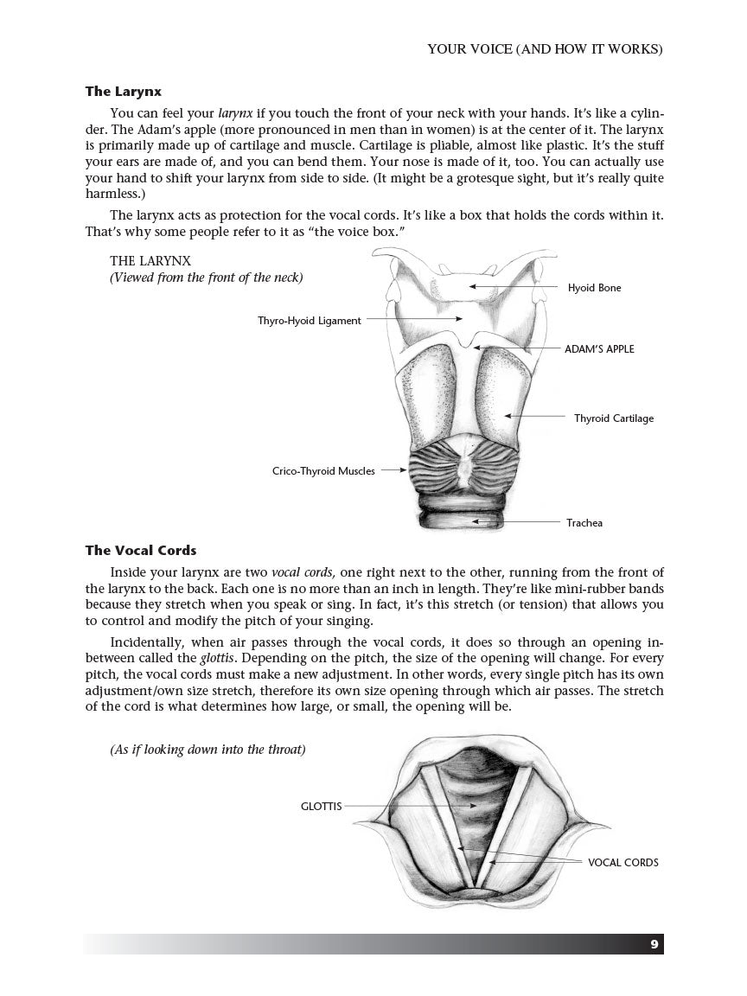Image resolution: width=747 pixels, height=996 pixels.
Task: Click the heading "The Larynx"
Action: pos(123,91)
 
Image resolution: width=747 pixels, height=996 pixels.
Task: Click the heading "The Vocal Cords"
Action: pos(140,550)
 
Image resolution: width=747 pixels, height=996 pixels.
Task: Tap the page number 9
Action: pos(654,944)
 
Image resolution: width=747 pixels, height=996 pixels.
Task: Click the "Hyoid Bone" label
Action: pos(594,288)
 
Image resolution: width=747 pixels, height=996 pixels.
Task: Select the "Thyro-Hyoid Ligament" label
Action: pos(309,320)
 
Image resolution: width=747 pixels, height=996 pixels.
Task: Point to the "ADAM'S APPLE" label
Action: pos(599,349)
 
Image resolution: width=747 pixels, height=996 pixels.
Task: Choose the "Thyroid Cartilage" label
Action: pos(614,418)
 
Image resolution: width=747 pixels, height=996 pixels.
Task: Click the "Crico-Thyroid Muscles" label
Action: pos(323,471)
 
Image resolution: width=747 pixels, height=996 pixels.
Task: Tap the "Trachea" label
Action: pos(584,522)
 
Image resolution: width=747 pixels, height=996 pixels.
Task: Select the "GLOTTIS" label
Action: pos(321,806)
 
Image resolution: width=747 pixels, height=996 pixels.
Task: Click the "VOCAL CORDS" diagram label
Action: pos(622,862)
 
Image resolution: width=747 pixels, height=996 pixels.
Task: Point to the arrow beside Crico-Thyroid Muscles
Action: pos(393,471)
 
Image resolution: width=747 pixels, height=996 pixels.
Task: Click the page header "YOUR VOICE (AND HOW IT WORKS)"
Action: pos(545,49)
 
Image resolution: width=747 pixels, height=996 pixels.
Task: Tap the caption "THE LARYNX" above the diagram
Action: pos(150,260)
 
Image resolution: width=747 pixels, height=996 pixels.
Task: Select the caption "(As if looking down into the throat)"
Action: pos(207,750)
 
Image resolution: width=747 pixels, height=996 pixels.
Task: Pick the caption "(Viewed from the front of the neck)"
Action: pos(206,278)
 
